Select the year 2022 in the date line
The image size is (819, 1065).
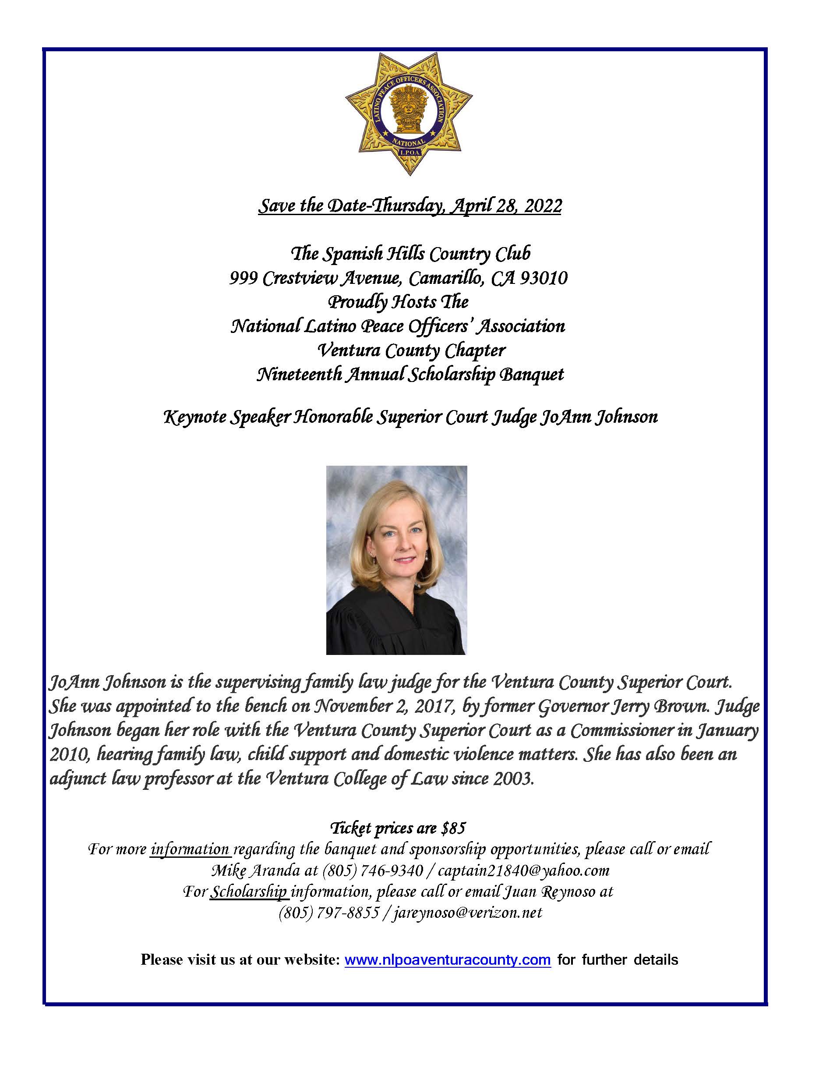(x=543, y=206)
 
